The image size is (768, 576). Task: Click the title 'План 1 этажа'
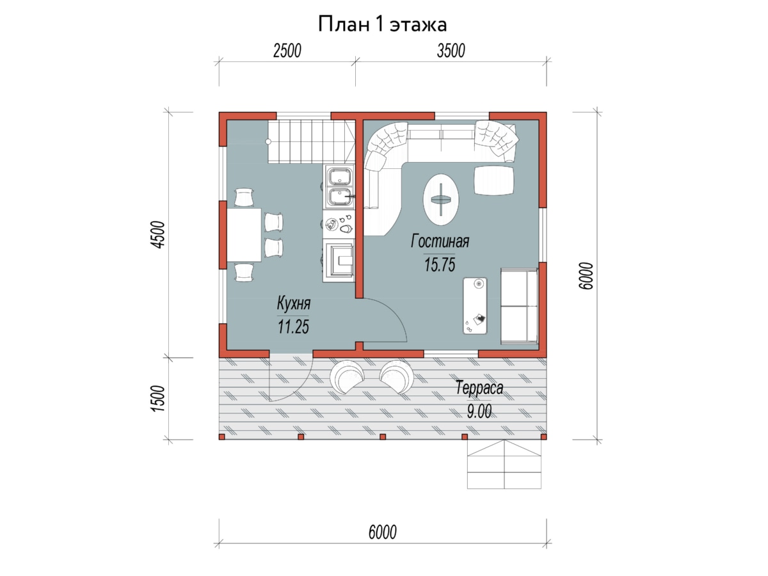[x=382, y=24]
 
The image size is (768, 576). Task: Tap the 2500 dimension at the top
[x=287, y=51]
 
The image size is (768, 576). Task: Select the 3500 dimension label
[x=451, y=51]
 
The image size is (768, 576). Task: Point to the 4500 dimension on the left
[x=159, y=235]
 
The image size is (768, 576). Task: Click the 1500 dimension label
[x=159, y=398]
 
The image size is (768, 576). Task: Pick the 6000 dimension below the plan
[x=383, y=532]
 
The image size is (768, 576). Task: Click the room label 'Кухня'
[x=294, y=303]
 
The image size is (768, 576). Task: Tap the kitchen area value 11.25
[x=293, y=326]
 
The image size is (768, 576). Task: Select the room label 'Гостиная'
[x=440, y=241]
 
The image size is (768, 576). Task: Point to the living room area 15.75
[x=440, y=264]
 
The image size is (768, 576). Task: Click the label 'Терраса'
[x=479, y=388]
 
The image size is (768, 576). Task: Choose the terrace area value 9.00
[x=479, y=411]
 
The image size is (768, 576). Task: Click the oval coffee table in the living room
[x=440, y=199]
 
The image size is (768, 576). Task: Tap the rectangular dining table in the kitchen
[x=244, y=235]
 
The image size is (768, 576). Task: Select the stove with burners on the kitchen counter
[x=339, y=224]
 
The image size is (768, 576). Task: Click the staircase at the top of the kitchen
[x=312, y=141]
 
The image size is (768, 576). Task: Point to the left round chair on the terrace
[x=347, y=378]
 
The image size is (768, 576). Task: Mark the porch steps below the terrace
[x=504, y=464]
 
